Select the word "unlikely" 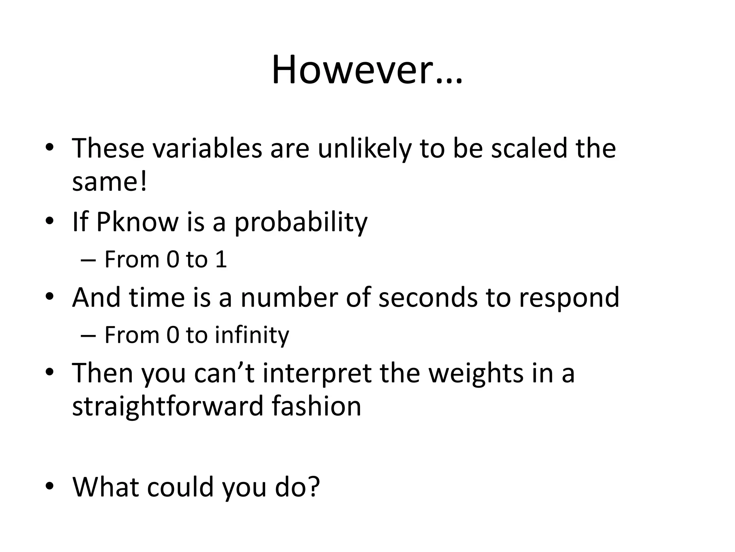point(364,148)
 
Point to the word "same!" point(109,181)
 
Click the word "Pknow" point(137,222)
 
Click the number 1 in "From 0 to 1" point(221,259)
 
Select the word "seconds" point(428,298)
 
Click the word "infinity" point(252,335)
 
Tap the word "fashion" point(316,406)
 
